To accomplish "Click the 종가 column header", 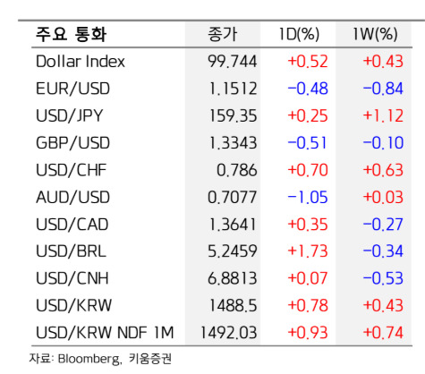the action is tap(223, 34).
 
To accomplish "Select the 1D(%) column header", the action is tap(299, 34).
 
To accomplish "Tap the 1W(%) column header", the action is tap(375, 34).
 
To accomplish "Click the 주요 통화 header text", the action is tap(71, 34).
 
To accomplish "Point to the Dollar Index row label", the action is tap(81, 62).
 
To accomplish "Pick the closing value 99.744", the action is tap(233, 62).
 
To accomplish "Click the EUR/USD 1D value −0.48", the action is tap(308, 89).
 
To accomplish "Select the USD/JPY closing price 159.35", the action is tap(233, 115).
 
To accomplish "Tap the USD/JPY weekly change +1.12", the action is tap(383, 115).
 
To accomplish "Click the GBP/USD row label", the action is tap(72, 143).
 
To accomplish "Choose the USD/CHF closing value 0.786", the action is tap(237, 170).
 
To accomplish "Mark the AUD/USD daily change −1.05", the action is tap(308, 198).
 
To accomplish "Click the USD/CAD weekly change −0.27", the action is tap(383, 225).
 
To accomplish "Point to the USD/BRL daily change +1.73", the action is tap(308, 251).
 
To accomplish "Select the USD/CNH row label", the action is tap(72, 278).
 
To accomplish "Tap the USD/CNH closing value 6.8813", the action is tap(233, 278).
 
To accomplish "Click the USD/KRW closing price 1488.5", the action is tap(233, 306).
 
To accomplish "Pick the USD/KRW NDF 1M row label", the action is tap(105, 333).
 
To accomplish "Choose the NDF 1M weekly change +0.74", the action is tap(383, 333).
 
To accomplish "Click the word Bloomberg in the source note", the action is tap(89, 359).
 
